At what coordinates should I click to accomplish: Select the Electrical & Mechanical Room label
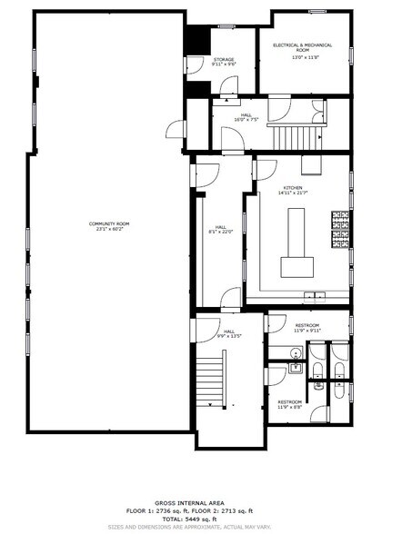[302, 47]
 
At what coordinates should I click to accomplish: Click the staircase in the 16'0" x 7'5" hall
[296, 136]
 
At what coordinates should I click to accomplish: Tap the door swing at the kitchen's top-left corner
[267, 166]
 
